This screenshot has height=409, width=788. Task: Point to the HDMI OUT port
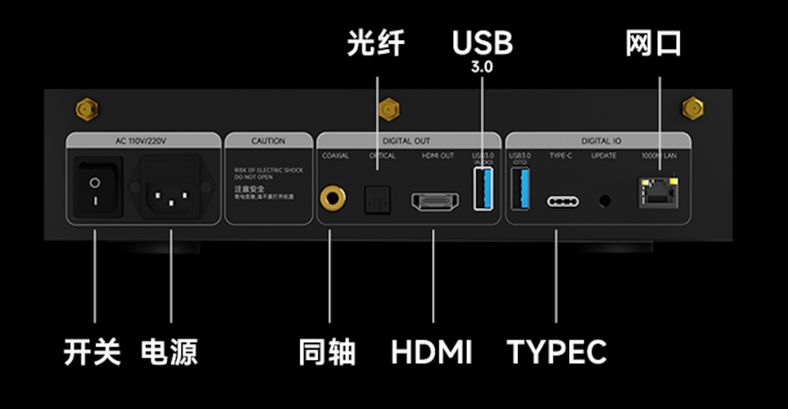(x=435, y=201)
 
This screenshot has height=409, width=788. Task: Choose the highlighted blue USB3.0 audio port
(x=482, y=188)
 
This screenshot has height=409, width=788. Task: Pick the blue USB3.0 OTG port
(x=520, y=188)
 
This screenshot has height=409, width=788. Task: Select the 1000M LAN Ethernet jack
(x=654, y=192)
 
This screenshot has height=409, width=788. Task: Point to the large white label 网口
(x=653, y=44)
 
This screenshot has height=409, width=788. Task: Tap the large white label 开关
(x=92, y=352)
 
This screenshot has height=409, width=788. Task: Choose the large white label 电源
(x=169, y=352)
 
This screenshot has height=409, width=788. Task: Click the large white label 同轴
(x=327, y=352)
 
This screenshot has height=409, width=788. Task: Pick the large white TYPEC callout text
(x=557, y=352)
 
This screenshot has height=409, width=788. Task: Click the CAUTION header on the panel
(x=268, y=141)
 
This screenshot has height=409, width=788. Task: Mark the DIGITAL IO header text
(x=597, y=141)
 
